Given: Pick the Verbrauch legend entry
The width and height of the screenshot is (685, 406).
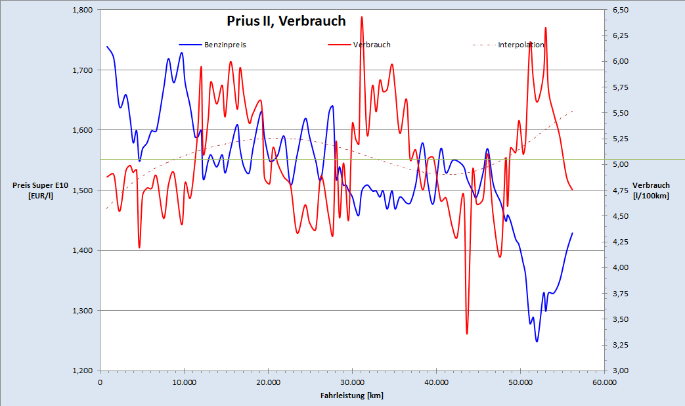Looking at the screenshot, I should [x=372, y=45].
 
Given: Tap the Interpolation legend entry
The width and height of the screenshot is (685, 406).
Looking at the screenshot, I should [x=521, y=45].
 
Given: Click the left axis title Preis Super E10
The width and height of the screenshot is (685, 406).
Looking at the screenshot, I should [x=33, y=191].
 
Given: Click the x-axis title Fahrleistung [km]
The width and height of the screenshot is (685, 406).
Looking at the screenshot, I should [x=352, y=395].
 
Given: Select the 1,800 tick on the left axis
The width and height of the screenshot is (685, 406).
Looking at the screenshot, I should [x=83, y=10].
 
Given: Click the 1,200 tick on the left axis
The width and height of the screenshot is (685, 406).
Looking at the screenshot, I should [x=83, y=371].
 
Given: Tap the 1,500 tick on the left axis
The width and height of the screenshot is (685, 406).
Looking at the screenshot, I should [x=83, y=191].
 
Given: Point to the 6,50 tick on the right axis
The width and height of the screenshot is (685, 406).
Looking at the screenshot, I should [x=621, y=10].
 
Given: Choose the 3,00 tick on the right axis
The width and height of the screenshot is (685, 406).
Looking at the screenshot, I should [x=621, y=371].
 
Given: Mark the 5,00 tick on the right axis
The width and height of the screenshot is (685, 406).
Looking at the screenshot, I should [x=621, y=164].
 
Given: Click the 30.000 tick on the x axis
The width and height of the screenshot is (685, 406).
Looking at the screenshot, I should [x=352, y=382].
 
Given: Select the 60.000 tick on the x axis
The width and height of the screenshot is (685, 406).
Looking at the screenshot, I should [x=604, y=382].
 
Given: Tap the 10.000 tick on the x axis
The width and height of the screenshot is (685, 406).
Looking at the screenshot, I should [x=184, y=382].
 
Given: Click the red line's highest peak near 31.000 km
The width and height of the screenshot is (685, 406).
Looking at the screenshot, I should [x=362, y=17].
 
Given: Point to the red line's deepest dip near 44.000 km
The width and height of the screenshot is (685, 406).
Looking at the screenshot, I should [x=467, y=334].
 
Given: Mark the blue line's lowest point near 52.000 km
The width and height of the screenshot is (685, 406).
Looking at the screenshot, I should [x=537, y=342].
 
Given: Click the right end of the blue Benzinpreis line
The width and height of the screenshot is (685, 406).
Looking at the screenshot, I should [x=572, y=233].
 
